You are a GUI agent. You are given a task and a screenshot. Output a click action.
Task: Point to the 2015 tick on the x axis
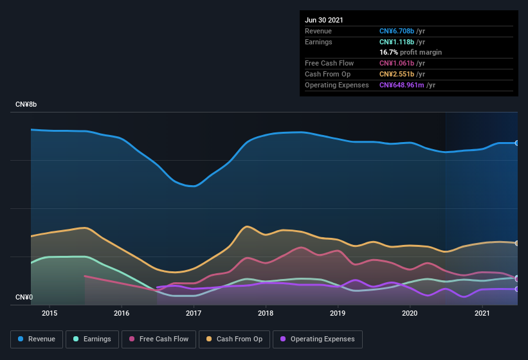pyautogui.click(x=50, y=313)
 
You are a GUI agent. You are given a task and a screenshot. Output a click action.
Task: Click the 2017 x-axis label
pyautogui.click(x=194, y=313)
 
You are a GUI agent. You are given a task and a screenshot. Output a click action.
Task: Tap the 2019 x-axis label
pyautogui.click(x=338, y=313)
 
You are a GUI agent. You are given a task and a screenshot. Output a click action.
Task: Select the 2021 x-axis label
pyautogui.click(x=482, y=313)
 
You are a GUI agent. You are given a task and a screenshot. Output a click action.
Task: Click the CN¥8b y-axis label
pyautogui.click(x=26, y=104)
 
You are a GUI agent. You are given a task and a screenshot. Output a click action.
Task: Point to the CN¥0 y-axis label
pyautogui.click(x=24, y=297)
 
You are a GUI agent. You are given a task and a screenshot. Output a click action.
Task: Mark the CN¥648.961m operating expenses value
pyautogui.click(x=401, y=85)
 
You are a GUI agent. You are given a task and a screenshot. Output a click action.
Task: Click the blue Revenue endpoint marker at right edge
pyautogui.click(x=517, y=143)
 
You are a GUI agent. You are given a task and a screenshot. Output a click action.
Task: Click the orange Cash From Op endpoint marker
pyautogui.click(x=517, y=243)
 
